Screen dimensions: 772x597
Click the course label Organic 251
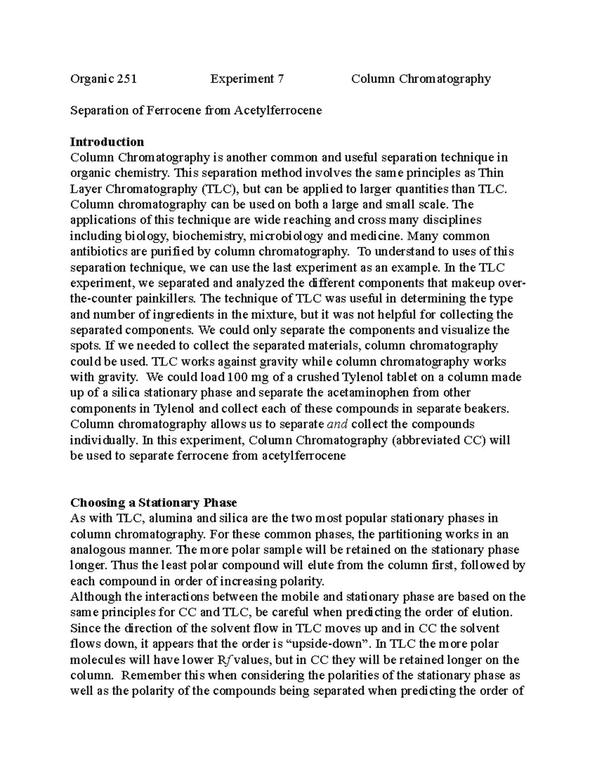[103, 79]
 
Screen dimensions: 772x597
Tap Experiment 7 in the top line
[247, 79]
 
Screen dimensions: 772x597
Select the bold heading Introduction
[107, 142]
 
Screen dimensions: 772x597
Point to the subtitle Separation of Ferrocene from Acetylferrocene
[196, 110]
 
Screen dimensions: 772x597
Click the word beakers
[488, 409]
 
